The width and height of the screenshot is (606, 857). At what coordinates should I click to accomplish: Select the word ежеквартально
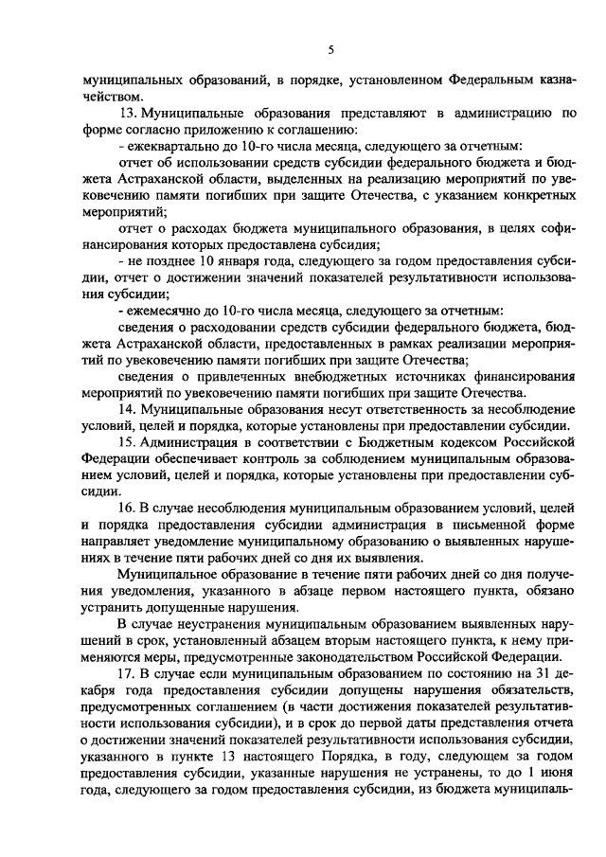pyautogui.click(x=168, y=148)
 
